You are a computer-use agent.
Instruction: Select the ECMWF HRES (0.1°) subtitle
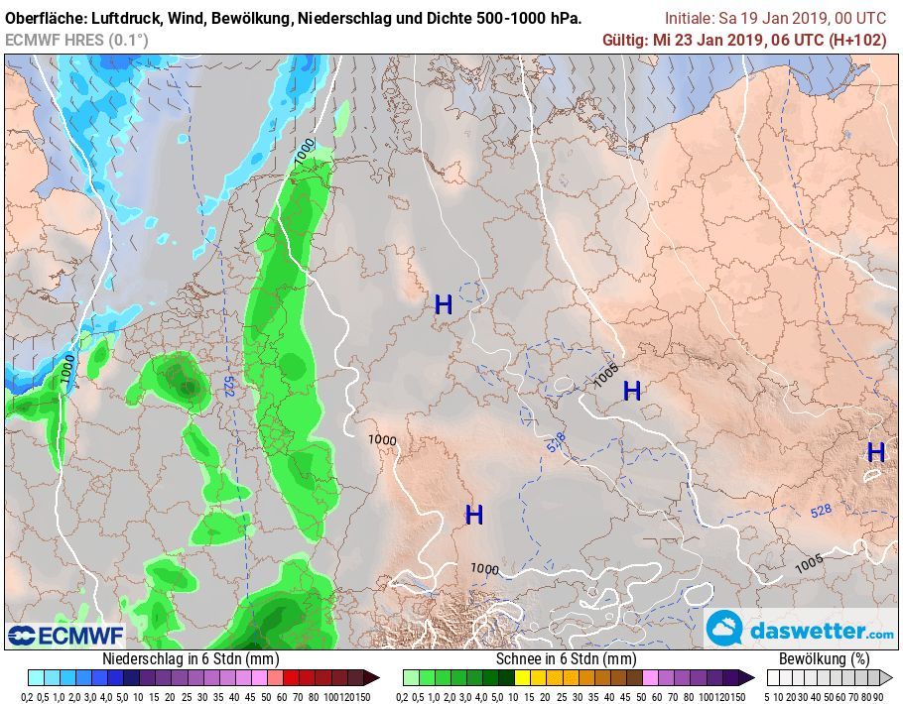[76, 40]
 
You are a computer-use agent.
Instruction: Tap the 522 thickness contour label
[229, 387]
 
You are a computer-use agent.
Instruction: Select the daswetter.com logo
[801, 630]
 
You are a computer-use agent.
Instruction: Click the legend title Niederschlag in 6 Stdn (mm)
[191, 658]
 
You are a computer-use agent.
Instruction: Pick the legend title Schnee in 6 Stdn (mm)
[566, 658]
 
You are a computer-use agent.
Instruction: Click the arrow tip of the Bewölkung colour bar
[889, 677]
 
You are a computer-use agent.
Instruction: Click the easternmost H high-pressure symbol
[876, 452]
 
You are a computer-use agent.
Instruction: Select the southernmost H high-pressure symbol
[474, 515]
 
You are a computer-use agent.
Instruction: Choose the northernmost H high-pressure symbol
[444, 305]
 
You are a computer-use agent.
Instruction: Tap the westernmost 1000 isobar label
[67, 370]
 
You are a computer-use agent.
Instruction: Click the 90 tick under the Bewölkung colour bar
[878, 695]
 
